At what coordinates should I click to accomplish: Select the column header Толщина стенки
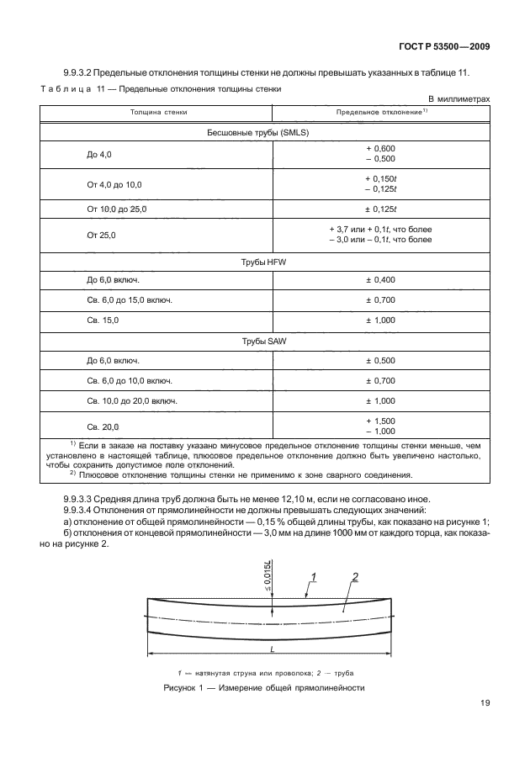[x=158, y=111]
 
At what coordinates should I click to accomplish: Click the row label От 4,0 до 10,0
[x=115, y=184]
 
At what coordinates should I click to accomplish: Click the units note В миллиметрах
[x=459, y=98]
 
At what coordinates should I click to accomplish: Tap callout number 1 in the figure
[x=312, y=576]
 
